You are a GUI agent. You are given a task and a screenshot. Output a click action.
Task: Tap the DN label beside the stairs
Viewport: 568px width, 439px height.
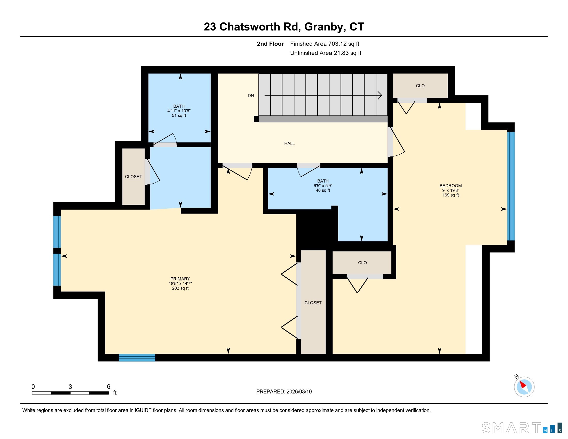(x=251, y=96)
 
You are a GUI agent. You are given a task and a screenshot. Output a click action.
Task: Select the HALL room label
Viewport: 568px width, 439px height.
(x=289, y=144)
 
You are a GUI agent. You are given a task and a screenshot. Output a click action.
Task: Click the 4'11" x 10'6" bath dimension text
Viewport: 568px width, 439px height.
(x=179, y=111)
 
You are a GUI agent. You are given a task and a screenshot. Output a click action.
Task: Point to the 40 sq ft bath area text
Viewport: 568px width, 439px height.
(x=323, y=190)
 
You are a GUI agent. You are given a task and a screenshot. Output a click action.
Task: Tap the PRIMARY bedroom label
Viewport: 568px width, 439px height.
(x=180, y=279)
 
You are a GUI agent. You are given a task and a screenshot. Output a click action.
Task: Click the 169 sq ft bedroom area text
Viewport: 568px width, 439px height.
(x=451, y=195)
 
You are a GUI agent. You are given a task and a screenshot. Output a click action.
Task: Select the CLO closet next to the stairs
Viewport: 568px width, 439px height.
(x=420, y=86)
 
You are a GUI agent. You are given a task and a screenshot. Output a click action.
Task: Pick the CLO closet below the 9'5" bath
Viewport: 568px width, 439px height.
(x=362, y=263)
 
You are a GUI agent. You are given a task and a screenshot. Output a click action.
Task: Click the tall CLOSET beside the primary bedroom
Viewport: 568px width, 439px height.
(x=313, y=303)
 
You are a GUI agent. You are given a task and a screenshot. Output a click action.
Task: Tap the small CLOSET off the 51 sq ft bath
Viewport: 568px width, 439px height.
(x=133, y=177)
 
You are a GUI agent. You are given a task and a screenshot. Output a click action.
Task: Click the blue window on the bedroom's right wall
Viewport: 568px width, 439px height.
(x=511, y=186)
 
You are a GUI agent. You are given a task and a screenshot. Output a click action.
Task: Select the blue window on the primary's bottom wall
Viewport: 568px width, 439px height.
(x=137, y=358)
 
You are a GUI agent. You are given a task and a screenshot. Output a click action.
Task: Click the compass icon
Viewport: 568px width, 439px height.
(x=524, y=387)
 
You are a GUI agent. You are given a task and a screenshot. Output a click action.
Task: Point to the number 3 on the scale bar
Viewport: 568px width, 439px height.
(x=70, y=387)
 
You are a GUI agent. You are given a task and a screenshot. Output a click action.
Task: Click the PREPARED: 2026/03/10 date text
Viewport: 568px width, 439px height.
(x=284, y=392)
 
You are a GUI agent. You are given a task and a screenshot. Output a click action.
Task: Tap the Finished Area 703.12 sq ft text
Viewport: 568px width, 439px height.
(x=325, y=44)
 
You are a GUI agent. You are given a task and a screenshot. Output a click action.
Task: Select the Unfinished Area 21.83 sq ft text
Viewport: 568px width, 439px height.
(x=326, y=53)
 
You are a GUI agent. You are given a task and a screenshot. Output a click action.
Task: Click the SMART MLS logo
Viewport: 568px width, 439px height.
(x=522, y=428)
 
